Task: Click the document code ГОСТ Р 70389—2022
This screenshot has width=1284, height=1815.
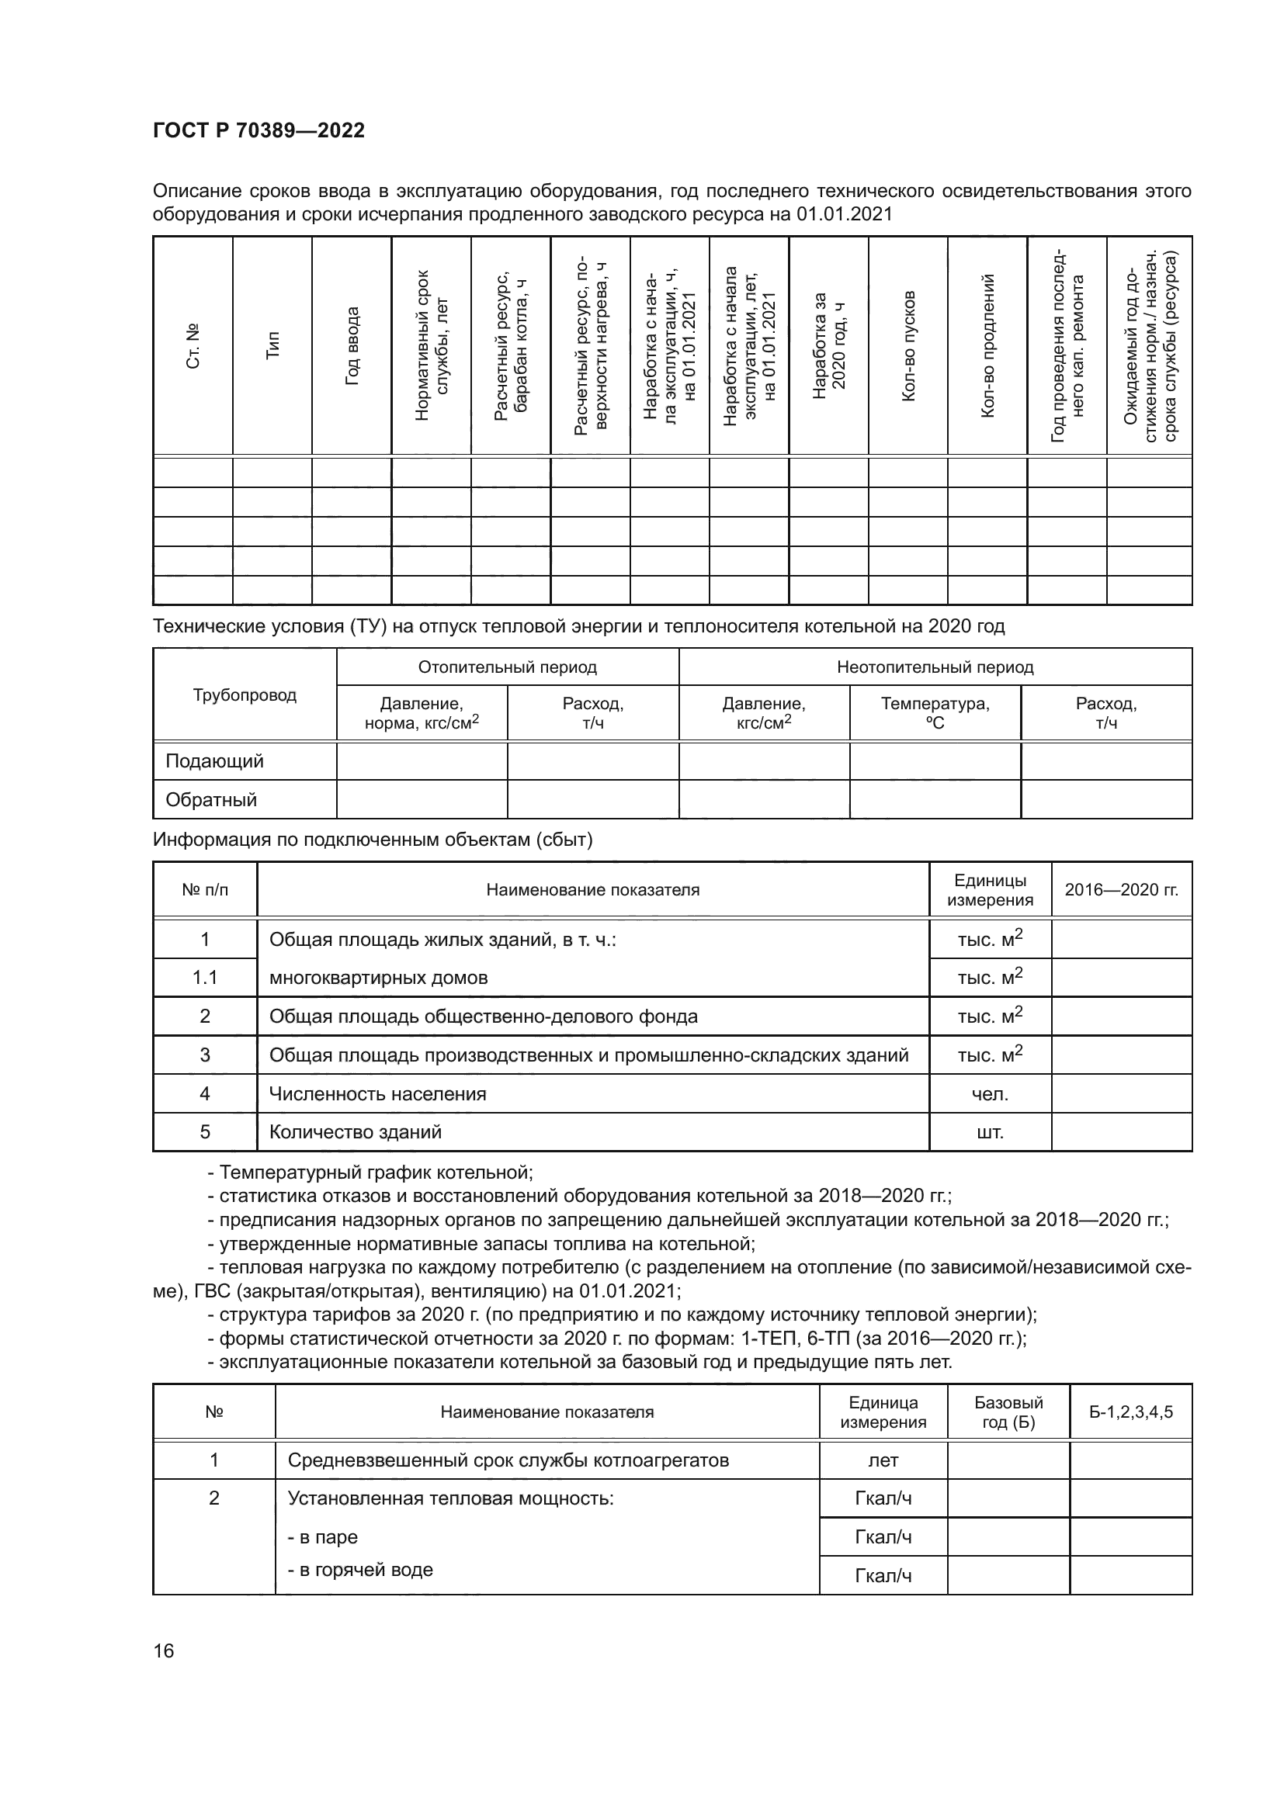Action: tap(259, 130)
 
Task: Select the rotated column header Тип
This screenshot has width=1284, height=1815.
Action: tap(272, 345)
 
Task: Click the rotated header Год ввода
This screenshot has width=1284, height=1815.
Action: tap(352, 345)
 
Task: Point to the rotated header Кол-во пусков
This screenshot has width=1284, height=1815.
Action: tap(907, 345)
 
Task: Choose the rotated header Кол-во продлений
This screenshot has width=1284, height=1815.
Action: tap(987, 345)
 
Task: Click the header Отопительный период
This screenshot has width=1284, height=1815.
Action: tap(507, 667)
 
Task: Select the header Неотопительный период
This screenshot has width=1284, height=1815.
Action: tap(935, 667)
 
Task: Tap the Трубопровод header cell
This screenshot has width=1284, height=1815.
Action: tap(245, 694)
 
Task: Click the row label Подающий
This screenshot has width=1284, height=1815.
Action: tap(214, 761)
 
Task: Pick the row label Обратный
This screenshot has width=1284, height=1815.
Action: tap(211, 799)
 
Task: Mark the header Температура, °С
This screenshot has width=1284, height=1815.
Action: tap(935, 712)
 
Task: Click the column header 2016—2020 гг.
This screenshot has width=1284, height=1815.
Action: tap(1121, 889)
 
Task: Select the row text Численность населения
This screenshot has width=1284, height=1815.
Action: tap(377, 1093)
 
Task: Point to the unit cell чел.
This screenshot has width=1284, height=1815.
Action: tap(990, 1093)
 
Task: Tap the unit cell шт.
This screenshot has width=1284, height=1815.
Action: tap(990, 1132)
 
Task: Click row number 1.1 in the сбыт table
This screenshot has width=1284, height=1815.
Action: tap(205, 978)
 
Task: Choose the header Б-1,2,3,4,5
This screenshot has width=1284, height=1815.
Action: tap(1130, 1411)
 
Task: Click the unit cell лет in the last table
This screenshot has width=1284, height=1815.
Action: tap(883, 1460)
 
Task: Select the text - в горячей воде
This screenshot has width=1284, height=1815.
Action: tap(359, 1569)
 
